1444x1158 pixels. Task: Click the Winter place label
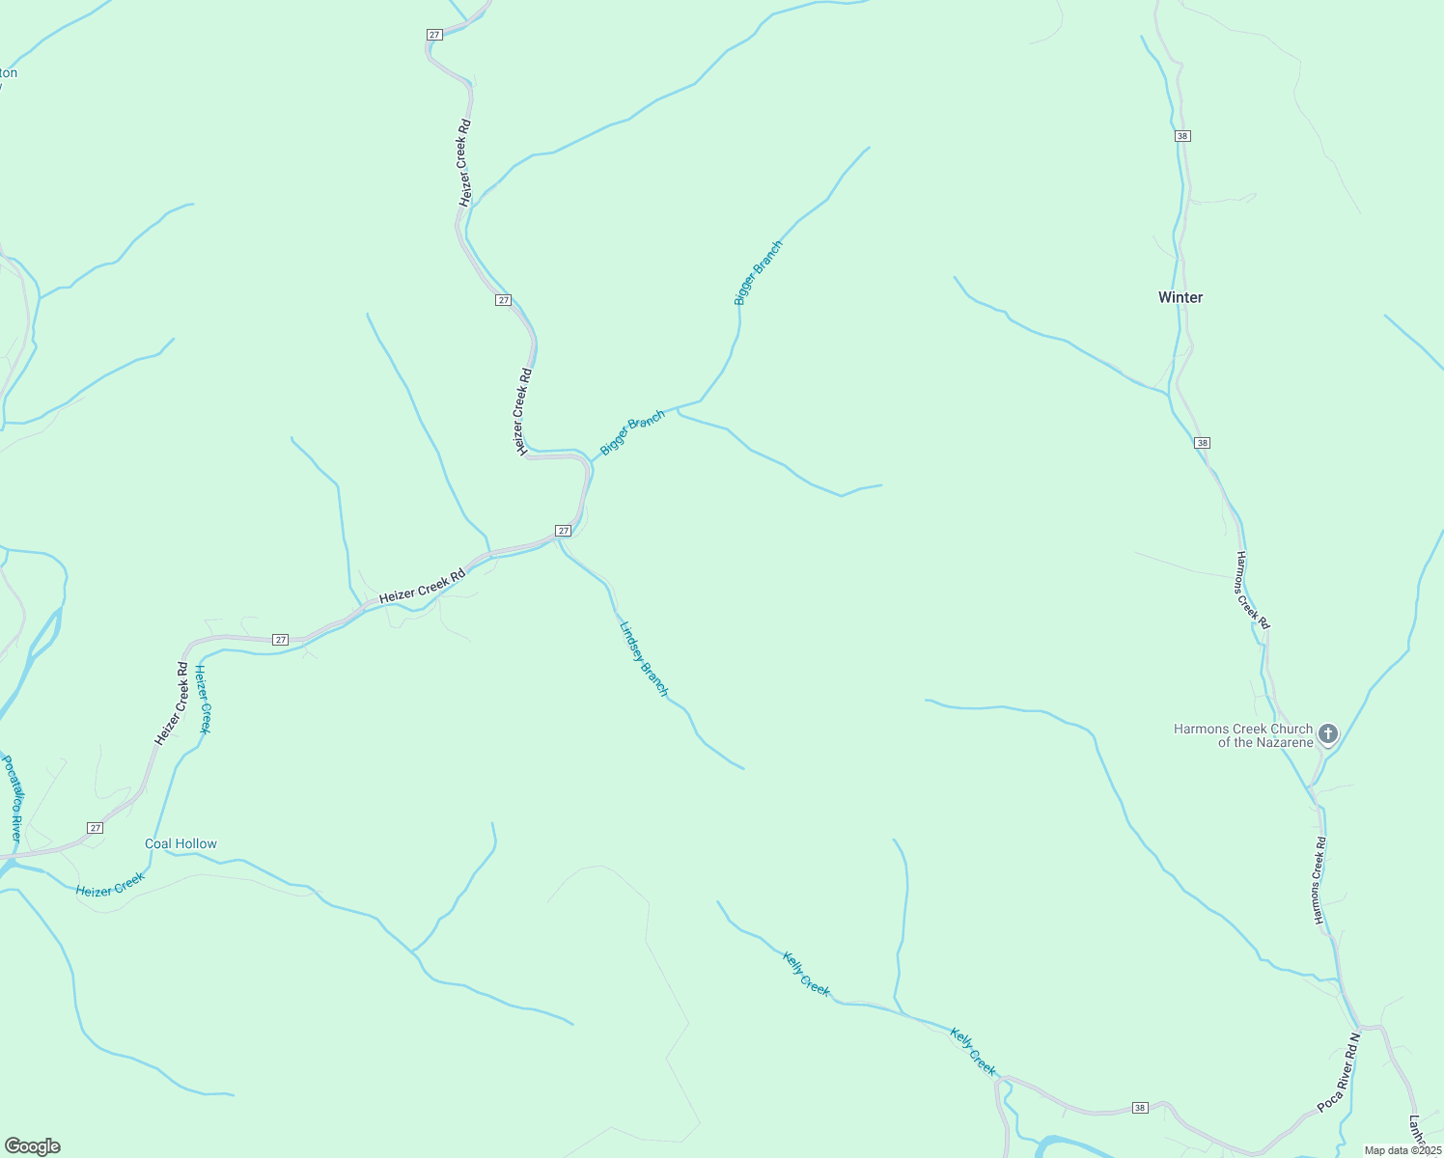(x=1180, y=297)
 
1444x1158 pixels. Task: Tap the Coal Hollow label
(x=180, y=843)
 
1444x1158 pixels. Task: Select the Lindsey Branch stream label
(x=643, y=659)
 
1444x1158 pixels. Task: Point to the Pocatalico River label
(x=11, y=798)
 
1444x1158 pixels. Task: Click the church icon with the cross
(x=1328, y=734)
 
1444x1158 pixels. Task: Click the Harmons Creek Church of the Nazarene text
(x=1243, y=735)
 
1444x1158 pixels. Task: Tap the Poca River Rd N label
(x=1339, y=1074)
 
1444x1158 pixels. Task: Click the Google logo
(x=32, y=1146)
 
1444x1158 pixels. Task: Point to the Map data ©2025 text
(x=1402, y=1150)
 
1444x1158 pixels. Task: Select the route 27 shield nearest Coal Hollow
(x=95, y=828)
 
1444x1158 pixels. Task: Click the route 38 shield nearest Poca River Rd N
(x=1140, y=1108)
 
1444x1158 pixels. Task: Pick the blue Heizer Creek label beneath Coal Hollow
(x=110, y=884)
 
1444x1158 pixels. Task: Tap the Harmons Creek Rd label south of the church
(x=1319, y=880)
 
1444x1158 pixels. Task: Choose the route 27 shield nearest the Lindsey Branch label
(x=564, y=531)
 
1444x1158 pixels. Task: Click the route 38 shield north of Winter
(x=1182, y=136)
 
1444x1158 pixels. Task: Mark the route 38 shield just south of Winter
(x=1202, y=443)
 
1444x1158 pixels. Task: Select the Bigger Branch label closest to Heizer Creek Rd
(x=632, y=432)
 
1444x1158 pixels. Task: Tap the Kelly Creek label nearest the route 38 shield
(x=973, y=1051)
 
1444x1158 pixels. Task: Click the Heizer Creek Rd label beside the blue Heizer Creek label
(x=170, y=703)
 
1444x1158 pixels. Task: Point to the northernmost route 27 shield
(x=434, y=34)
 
